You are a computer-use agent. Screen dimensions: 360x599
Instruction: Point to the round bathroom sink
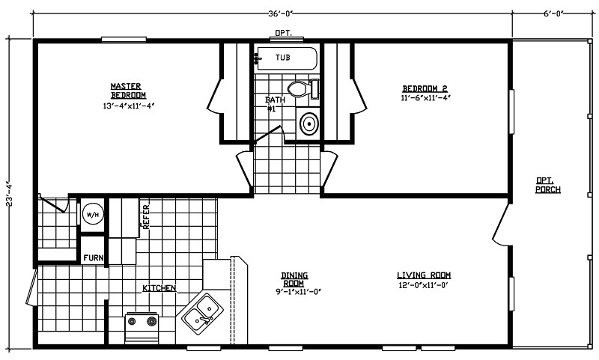point(308,123)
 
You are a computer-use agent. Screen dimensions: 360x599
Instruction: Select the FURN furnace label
point(93,257)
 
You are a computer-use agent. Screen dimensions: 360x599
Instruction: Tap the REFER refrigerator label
point(147,217)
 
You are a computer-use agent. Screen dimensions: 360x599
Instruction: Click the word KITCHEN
point(159,288)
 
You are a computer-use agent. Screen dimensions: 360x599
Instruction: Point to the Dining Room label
point(294,278)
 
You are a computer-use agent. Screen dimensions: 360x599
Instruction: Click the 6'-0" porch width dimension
point(555,11)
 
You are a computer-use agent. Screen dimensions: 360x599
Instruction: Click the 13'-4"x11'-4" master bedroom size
point(128,106)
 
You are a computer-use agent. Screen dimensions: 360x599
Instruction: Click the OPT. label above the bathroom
point(283,34)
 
